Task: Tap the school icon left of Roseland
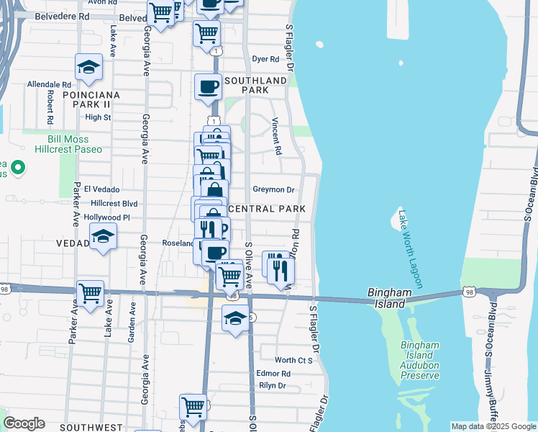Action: coord(103,236)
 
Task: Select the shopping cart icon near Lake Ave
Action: coord(91,293)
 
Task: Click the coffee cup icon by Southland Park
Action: coord(209,86)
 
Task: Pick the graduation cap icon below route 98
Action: coord(235,317)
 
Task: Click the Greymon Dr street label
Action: coord(273,190)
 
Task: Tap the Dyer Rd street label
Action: coord(265,59)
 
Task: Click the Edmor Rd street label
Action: coord(273,374)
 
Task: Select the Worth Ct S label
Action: coord(294,359)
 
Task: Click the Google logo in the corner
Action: coord(24,423)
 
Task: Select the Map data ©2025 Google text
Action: coord(493,426)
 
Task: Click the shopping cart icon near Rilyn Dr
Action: coord(193,407)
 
